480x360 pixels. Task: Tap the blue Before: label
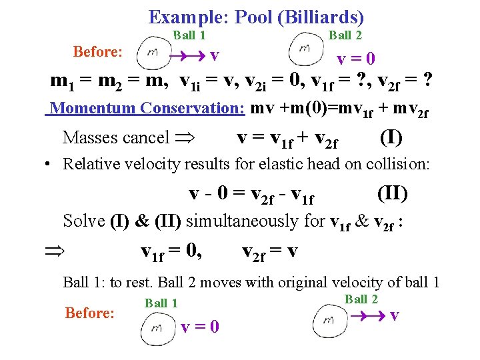pyautogui.click(x=97, y=51)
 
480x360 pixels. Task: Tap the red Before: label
pyautogui.click(x=89, y=313)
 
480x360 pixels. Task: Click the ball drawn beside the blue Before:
pyautogui.click(x=153, y=52)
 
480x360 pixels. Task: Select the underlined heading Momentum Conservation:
pyautogui.click(x=147, y=108)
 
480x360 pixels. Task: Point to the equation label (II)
pyautogui.click(x=392, y=193)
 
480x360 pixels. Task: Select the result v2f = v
pyautogui.click(x=270, y=252)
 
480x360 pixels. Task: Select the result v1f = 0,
pyautogui.click(x=172, y=252)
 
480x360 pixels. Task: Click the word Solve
pyautogui.click(x=84, y=220)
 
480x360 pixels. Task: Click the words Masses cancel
pyautogui.click(x=115, y=138)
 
